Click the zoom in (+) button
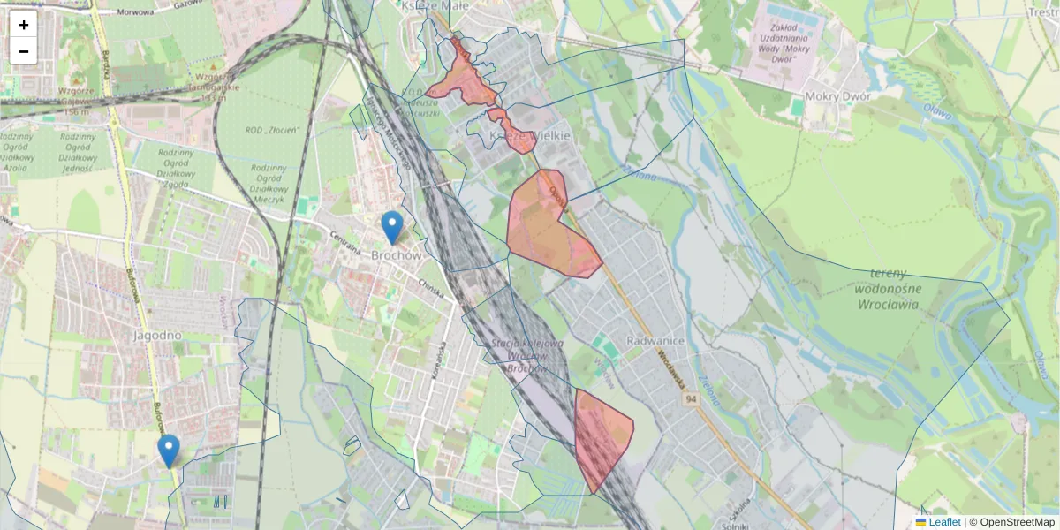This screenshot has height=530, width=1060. click(x=24, y=25)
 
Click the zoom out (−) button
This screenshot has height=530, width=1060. click(x=24, y=51)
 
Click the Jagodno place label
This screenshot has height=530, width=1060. click(x=156, y=336)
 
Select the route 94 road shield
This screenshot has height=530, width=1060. click(x=690, y=400)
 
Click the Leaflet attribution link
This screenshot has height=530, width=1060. click(x=944, y=522)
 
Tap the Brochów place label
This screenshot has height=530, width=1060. click(x=397, y=255)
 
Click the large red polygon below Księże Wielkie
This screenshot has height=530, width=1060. click(x=548, y=225)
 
